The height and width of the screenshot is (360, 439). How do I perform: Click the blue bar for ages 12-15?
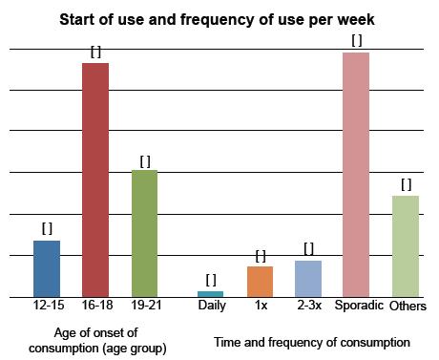[47, 268]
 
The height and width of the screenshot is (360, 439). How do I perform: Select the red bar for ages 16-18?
[95, 180]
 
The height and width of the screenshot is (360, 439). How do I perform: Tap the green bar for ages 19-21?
[144, 233]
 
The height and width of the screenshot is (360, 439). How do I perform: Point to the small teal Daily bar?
[211, 293]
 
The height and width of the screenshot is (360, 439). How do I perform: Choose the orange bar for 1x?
[260, 281]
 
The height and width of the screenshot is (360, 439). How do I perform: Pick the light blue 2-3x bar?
[308, 278]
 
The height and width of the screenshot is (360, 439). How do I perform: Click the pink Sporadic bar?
[356, 174]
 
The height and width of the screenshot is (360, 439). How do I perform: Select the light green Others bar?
[406, 245]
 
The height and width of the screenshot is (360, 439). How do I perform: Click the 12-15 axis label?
[47, 307]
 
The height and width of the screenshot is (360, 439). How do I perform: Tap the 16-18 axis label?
[95, 307]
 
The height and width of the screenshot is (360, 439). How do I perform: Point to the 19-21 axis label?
[144, 307]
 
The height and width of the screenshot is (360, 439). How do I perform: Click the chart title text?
[219, 19]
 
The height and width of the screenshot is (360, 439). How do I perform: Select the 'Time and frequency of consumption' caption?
[312, 341]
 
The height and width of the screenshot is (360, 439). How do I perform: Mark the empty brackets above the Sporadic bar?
[357, 40]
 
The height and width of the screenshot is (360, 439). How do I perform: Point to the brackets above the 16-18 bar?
[95, 53]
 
